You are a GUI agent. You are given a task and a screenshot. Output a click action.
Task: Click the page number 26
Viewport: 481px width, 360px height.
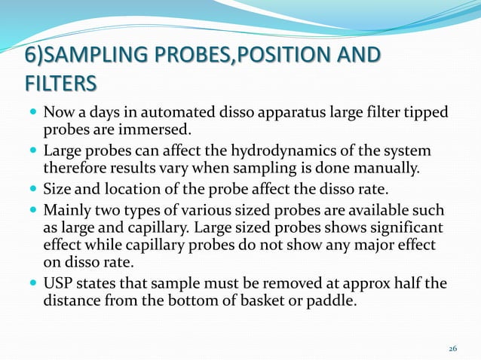pyautogui.click(x=452, y=349)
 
